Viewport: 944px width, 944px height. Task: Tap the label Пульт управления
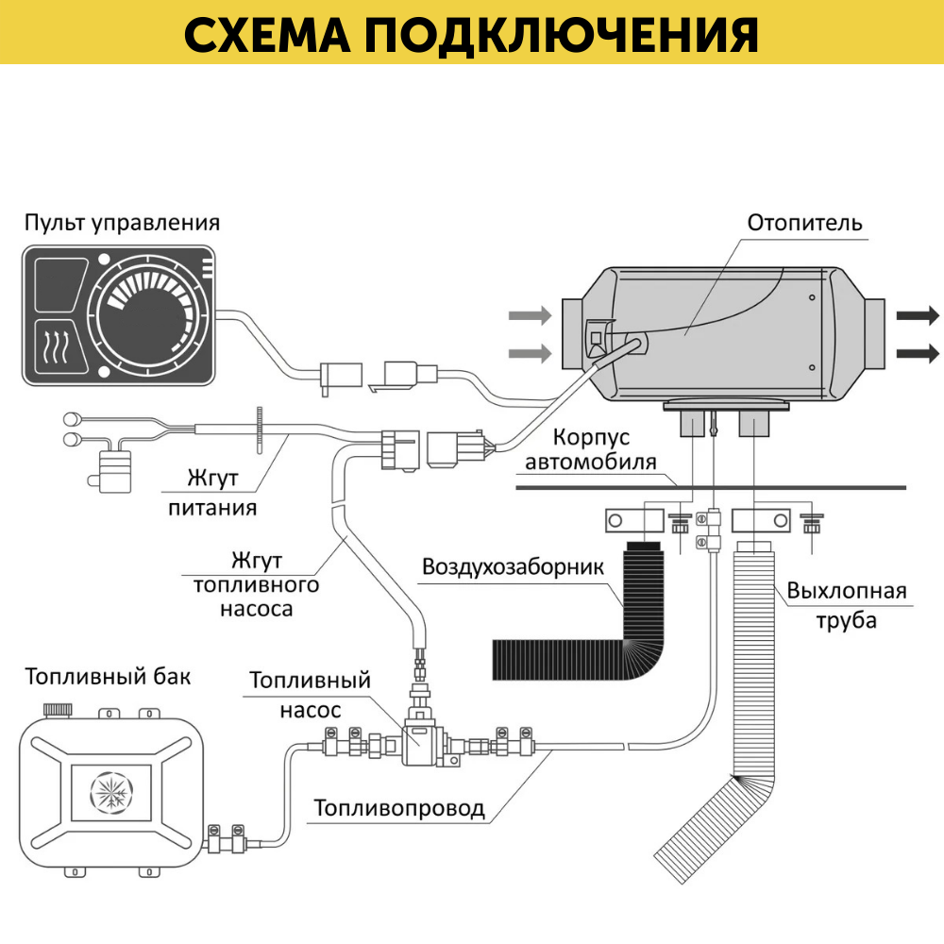tap(122, 224)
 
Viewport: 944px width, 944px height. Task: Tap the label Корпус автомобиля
tap(591, 451)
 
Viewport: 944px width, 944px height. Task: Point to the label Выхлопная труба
tap(846, 606)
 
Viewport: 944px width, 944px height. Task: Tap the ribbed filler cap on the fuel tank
tap(59, 708)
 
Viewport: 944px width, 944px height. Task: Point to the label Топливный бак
tap(108, 677)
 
